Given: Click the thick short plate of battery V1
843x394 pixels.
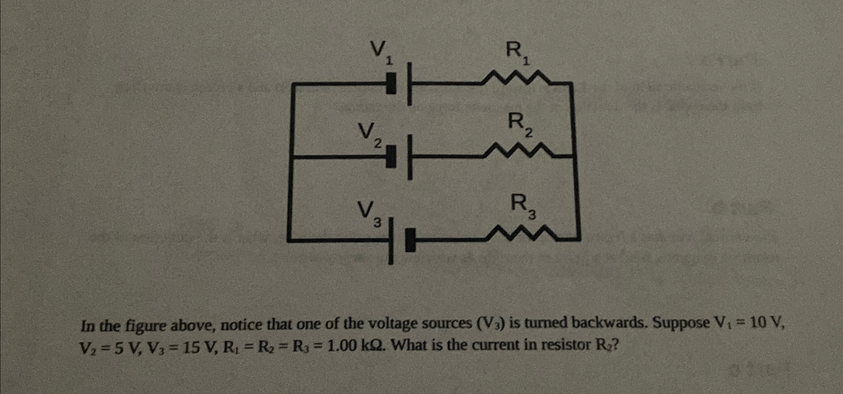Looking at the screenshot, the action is (x=391, y=83).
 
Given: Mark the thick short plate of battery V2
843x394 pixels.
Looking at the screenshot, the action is (x=391, y=157).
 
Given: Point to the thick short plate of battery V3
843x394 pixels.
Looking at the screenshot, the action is (x=411, y=240).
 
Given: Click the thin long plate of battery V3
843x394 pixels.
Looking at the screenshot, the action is (x=391, y=241).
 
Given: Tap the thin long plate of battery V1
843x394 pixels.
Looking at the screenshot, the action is (x=410, y=84).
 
